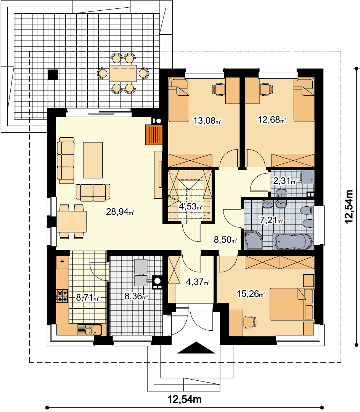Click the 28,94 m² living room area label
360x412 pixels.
(x=120, y=211)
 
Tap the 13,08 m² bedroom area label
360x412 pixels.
(x=207, y=121)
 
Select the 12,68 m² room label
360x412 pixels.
(x=272, y=120)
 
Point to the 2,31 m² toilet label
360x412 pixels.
(x=285, y=181)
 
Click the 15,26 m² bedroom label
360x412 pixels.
(x=251, y=293)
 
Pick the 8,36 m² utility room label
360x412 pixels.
(x=136, y=296)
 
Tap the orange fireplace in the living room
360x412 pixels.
(x=154, y=135)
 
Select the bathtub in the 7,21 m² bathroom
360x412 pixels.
(x=293, y=241)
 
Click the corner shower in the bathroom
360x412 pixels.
(x=253, y=240)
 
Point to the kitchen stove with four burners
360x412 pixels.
(x=62, y=296)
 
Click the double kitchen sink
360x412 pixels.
(x=90, y=330)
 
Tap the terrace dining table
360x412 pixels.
(x=123, y=73)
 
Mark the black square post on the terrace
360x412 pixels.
(x=53, y=74)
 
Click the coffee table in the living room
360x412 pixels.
(x=93, y=160)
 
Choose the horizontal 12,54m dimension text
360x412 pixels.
(x=185, y=399)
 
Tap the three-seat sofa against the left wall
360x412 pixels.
(x=66, y=161)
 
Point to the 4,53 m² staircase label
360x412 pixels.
(x=191, y=206)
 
